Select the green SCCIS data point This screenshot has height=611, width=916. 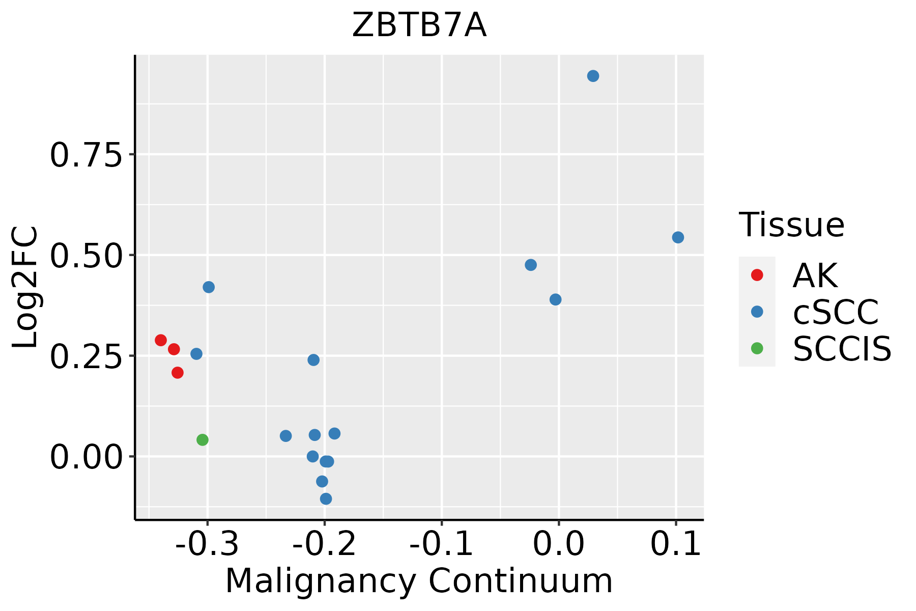pyautogui.click(x=203, y=439)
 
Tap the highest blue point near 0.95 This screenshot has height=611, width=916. pyautogui.click(x=593, y=76)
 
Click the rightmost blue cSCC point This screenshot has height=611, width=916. pyautogui.click(x=678, y=237)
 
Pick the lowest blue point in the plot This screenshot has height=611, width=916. pyautogui.click(x=326, y=498)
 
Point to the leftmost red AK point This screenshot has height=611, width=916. pyautogui.click(x=161, y=340)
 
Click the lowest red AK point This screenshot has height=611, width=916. pyautogui.click(x=178, y=373)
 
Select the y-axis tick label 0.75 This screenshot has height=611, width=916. pyautogui.click(x=87, y=155)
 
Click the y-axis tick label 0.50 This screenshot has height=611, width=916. pyautogui.click(x=87, y=256)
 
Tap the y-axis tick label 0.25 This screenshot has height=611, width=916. pyautogui.click(x=87, y=356)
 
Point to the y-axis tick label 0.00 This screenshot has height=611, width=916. pyautogui.click(x=87, y=457)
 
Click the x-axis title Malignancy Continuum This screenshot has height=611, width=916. pyautogui.click(x=419, y=581)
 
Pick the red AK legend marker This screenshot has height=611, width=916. pyautogui.click(x=757, y=275)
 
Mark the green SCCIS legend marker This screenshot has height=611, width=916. pyautogui.click(x=757, y=348)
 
